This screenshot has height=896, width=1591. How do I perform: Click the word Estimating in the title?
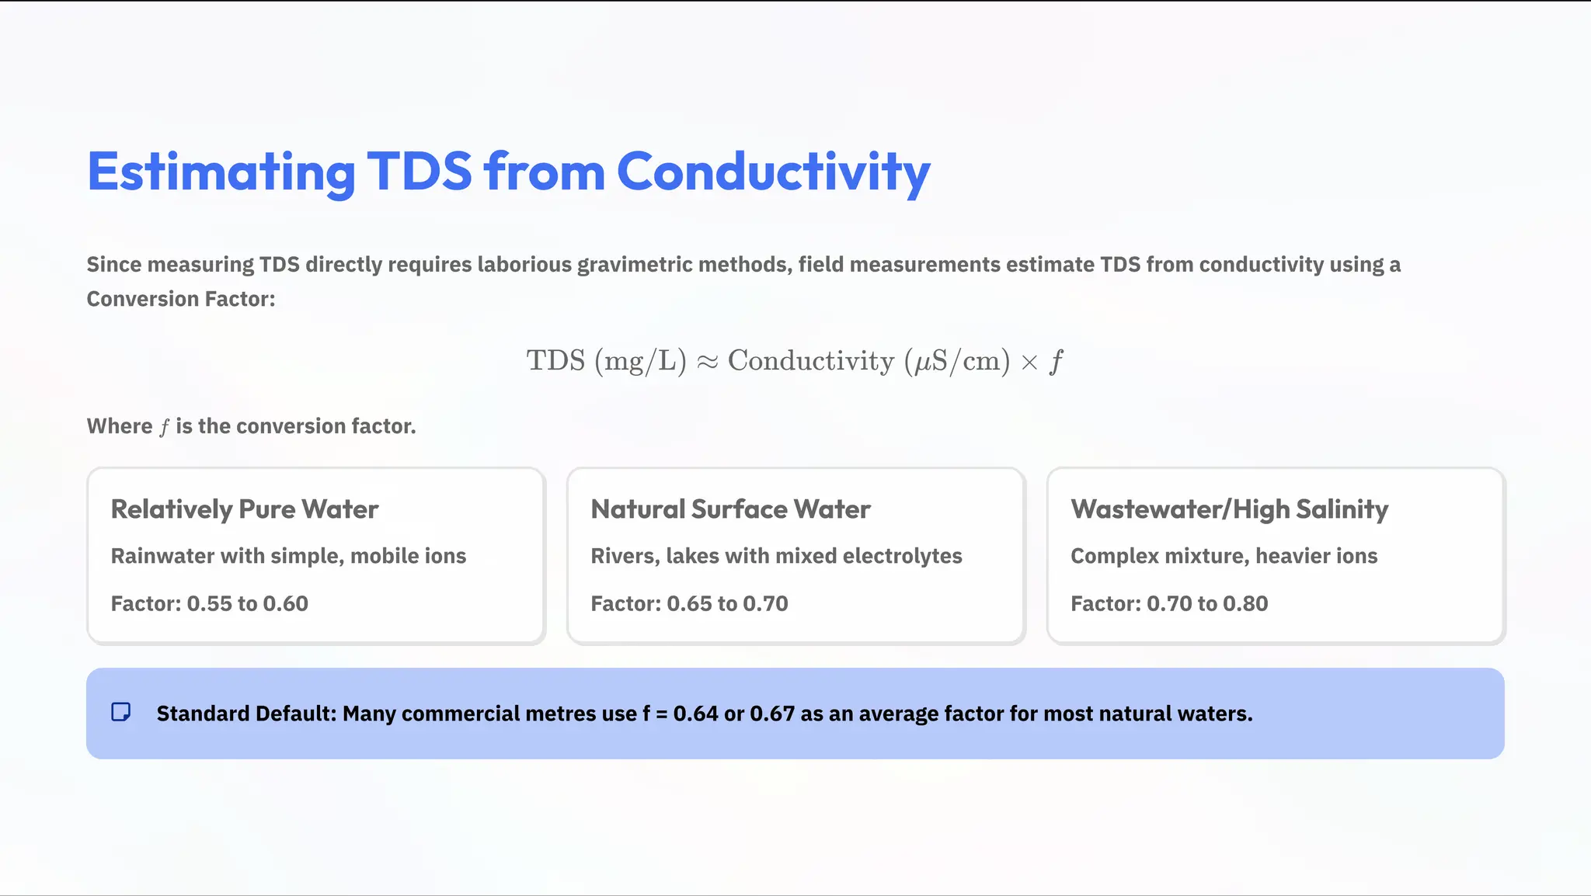click(221, 172)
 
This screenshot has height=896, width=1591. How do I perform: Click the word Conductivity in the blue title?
click(773, 172)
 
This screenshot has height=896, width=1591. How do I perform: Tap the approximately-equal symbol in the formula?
click(707, 362)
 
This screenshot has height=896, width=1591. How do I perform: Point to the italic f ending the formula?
click(1055, 362)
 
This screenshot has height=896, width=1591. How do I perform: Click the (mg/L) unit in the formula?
click(640, 361)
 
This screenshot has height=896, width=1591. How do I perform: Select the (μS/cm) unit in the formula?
click(957, 361)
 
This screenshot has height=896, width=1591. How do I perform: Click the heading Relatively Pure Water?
click(245, 509)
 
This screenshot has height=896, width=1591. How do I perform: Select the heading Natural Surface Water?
click(730, 509)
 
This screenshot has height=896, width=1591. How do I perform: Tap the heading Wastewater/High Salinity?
click(1229, 509)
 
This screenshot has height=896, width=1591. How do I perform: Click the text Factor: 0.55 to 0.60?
click(210, 603)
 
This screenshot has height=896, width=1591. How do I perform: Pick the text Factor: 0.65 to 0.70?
click(689, 603)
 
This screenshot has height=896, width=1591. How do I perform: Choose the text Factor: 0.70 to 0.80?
click(1169, 603)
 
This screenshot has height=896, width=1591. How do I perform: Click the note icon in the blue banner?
click(121, 712)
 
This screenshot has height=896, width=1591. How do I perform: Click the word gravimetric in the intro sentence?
click(634, 265)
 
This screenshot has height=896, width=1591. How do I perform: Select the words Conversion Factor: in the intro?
click(181, 299)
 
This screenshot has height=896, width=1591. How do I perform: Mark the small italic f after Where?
click(164, 427)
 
